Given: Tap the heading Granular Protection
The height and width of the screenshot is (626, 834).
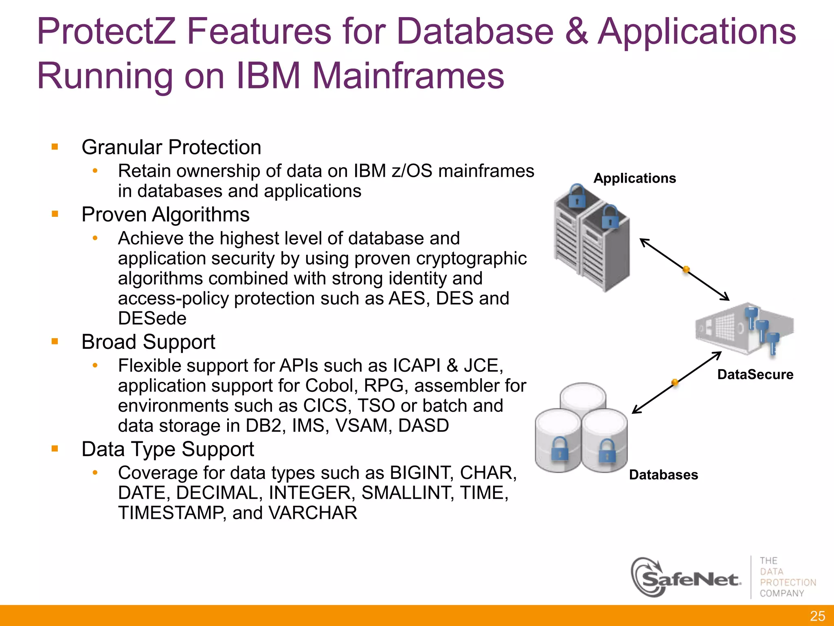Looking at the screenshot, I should (171, 147).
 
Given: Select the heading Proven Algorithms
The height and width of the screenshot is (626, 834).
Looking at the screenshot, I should (165, 214).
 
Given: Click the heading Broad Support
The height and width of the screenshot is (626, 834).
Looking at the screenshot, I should (148, 342).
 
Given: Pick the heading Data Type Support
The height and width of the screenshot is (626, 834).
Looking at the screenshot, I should (167, 449).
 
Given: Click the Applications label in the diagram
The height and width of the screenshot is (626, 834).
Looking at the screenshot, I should (634, 178).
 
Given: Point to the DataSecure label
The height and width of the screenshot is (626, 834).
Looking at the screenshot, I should (755, 374).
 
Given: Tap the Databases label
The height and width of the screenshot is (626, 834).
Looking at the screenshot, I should (663, 474).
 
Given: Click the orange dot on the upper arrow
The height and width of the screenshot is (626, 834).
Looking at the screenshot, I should (686, 269).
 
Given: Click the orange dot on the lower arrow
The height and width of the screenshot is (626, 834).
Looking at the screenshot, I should (675, 382).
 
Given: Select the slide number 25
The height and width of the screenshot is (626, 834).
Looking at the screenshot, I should (817, 616).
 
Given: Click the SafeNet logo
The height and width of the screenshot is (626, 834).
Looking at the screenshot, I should (687, 578).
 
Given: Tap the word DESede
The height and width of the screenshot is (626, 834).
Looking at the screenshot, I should (152, 318).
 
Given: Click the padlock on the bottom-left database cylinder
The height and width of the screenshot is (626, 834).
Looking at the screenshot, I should (560, 450).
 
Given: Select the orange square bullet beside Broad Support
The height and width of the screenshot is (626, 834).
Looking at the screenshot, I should (55, 342).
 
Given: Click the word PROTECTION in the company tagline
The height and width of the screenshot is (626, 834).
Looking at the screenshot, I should (788, 582).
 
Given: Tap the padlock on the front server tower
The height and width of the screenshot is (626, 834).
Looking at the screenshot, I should (610, 217).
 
